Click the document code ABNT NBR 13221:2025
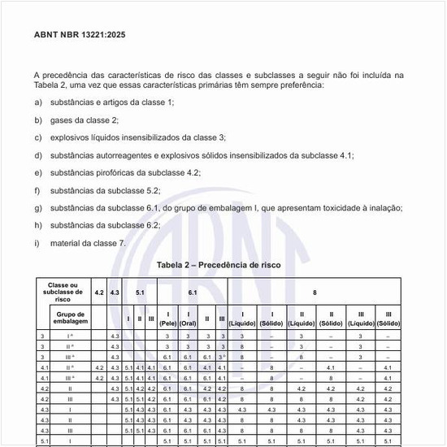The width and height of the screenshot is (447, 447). (80, 35)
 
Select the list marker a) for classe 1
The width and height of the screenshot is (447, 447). (37, 102)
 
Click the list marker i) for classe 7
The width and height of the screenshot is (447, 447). (37, 243)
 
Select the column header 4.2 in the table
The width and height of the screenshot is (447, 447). (99, 291)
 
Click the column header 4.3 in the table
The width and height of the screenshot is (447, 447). (115, 291)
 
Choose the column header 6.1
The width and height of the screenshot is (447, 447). (193, 291)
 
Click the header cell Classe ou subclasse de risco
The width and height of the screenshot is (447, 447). (63, 291)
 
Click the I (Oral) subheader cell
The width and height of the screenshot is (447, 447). (189, 318)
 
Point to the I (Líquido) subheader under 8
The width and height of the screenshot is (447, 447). (242, 318)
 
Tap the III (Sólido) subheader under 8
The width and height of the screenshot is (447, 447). (388, 318)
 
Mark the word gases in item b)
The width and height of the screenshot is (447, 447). (62, 119)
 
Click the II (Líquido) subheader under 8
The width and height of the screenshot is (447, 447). (302, 318)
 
